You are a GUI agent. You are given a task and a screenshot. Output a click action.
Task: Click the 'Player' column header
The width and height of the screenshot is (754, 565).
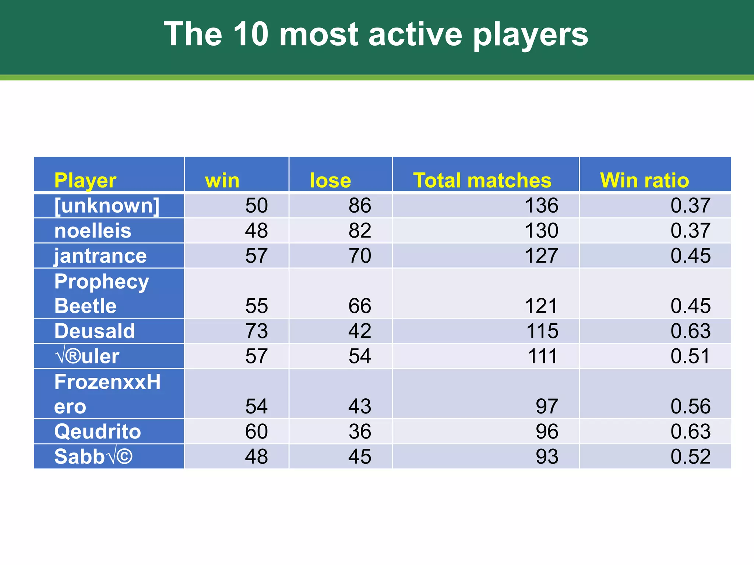click(x=85, y=180)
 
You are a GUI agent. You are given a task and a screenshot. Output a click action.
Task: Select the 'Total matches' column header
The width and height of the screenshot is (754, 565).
click(x=482, y=180)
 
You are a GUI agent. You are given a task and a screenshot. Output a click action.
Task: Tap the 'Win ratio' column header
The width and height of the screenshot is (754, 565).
click(x=644, y=180)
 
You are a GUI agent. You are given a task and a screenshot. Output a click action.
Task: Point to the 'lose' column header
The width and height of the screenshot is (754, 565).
click(x=330, y=180)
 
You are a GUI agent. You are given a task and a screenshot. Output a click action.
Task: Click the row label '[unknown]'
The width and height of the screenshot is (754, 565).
click(x=107, y=205)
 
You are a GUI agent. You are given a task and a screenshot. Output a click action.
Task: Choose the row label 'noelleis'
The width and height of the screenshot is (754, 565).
click(x=93, y=231)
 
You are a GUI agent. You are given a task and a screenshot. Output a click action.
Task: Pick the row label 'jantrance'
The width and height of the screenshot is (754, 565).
click(x=100, y=256)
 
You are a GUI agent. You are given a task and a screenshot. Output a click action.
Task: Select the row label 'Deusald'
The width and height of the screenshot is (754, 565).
click(x=95, y=331)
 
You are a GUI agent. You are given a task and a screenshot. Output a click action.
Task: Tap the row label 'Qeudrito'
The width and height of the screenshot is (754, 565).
click(x=98, y=431)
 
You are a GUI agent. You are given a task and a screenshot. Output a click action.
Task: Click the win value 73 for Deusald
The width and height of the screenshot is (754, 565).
click(x=257, y=331)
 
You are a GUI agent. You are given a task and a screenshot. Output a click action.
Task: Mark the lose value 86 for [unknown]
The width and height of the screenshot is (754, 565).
click(x=360, y=205)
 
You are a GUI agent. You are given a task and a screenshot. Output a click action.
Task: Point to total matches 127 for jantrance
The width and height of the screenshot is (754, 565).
click(x=541, y=256)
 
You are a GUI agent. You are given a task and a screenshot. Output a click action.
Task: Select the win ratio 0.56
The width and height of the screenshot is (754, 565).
click(x=690, y=406)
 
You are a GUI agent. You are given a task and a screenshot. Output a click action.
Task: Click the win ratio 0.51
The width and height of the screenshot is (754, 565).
click(x=690, y=356)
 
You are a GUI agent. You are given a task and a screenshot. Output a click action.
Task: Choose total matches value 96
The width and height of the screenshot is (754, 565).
click(x=547, y=431)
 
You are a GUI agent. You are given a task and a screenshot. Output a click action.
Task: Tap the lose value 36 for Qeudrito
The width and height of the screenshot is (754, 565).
click(x=360, y=431)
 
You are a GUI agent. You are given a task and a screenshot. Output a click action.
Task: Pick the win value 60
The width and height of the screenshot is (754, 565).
click(x=257, y=431)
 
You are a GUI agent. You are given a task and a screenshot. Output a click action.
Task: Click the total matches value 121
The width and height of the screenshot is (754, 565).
click(x=541, y=306)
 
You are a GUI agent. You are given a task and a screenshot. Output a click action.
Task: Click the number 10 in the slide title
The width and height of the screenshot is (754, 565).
click(x=250, y=34)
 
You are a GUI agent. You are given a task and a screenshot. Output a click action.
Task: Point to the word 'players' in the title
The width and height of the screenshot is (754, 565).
click(x=531, y=35)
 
